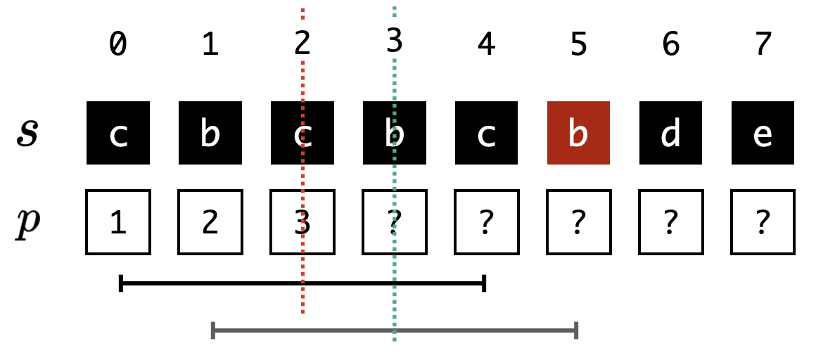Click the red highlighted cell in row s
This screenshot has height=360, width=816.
coord(578,133)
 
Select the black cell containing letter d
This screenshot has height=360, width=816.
coord(670,133)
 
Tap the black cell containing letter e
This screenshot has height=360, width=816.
coord(763,133)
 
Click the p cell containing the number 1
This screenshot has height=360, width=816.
coord(118,222)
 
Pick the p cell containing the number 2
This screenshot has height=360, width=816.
coord(210,222)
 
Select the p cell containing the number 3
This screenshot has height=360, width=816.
coord(302,222)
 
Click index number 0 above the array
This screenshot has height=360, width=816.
coord(118,44)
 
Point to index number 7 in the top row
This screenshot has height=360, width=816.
coord(763,44)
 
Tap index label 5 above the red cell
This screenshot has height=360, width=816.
coord(578,44)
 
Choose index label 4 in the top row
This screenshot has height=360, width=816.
coord(486,44)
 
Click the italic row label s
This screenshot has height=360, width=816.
coord(27,134)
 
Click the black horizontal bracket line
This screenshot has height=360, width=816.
coord(302,283)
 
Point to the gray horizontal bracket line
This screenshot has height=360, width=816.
coord(395,330)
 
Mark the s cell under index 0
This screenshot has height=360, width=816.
coord(118,133)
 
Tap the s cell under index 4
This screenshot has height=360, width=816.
coord(486,133)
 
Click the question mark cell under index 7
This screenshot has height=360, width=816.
coord(763,222)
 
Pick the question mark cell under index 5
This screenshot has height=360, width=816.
coord(578,222)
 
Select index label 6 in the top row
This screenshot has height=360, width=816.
coord(670,44)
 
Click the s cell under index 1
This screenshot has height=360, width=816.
coord(210,133)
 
